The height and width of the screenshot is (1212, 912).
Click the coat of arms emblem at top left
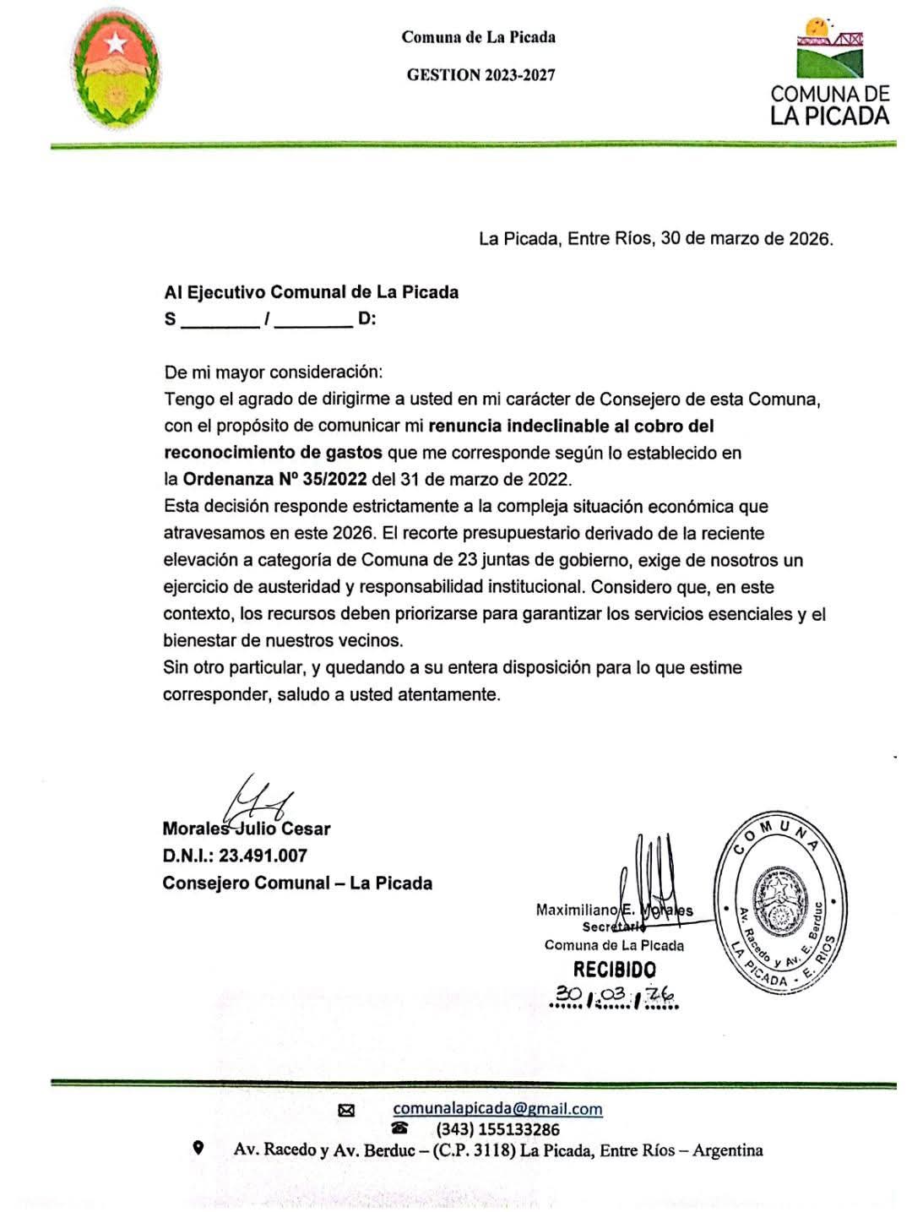(x=115, y=77)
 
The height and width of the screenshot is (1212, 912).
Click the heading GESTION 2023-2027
(x=480, y=74)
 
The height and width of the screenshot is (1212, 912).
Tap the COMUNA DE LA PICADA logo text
(x=829, y=105)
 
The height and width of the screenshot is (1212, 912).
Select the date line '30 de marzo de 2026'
(x=746, y=238)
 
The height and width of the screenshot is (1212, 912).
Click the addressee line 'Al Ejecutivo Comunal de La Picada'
(x=311, y=292)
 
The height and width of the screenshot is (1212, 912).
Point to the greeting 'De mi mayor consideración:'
(x=273, y=372)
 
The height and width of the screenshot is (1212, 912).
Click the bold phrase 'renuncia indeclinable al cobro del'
(x=572, y=426)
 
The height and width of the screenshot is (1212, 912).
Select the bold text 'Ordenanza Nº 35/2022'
(x=274, y=479)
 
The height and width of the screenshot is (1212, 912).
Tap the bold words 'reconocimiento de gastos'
(x=273, y=453)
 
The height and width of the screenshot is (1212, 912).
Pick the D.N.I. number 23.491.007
(x=263, y=856)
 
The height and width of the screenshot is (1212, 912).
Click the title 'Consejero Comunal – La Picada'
(x=297, y=883)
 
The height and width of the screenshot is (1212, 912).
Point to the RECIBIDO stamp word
(x=614, y=970)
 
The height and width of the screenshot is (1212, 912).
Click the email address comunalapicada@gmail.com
(x=497, y=1109)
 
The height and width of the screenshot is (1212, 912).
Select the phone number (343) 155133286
(x=497, y=1129)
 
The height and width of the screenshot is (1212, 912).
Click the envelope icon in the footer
(x=346, y=1111)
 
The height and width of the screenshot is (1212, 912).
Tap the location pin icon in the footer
(x=198, y=1148)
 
